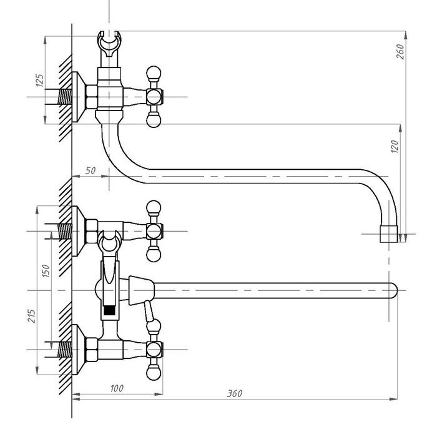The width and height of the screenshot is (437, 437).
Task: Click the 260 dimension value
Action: [400, 51]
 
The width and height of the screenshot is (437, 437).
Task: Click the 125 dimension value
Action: [40, 81]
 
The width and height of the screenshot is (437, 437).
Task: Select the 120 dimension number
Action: [395, 147]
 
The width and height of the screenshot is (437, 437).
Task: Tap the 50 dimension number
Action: [91, 170]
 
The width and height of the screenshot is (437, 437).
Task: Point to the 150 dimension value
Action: [46, 271]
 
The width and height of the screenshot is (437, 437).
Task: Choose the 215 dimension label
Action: [31, 316]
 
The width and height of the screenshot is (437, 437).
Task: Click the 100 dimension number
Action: [117, 388]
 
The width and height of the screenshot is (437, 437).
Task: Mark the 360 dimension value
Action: [234, 393]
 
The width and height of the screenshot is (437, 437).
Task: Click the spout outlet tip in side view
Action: [389, 234]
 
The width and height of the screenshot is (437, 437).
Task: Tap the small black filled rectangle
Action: [109, 311]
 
